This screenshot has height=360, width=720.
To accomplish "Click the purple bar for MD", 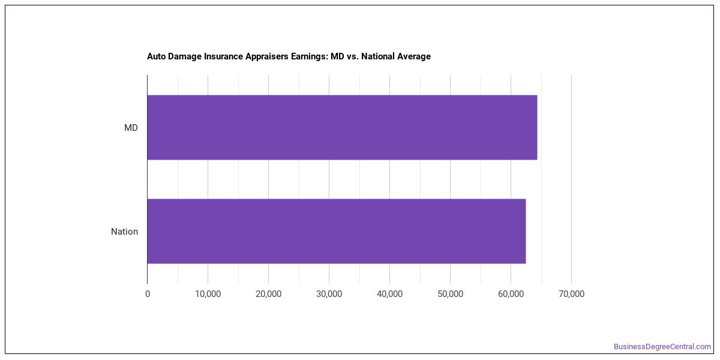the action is (342, 127).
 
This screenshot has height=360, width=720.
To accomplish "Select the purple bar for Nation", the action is (337, 231).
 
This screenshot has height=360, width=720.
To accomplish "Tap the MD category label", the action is (131, 128).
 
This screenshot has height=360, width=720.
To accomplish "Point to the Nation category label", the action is (124, 232).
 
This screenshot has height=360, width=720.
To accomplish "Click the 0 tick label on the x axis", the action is (148, 294).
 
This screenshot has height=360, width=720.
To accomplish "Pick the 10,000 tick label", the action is (208, 294).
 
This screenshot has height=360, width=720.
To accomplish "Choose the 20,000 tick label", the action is (268, 294).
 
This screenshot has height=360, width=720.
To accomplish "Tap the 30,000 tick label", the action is (329, 294).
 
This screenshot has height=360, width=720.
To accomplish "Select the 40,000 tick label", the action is (389, 294).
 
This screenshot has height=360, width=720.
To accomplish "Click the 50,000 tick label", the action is (451, 294).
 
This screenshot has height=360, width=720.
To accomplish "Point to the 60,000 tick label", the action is (511, 294).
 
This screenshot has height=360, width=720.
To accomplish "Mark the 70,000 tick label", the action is (571, 294).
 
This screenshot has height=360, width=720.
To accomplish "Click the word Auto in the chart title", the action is (156, 56).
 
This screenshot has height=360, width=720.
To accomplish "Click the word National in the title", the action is (377, 56).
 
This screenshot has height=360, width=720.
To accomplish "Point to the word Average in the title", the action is (413, 56).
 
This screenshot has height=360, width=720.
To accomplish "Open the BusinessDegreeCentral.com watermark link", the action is (662, 347).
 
